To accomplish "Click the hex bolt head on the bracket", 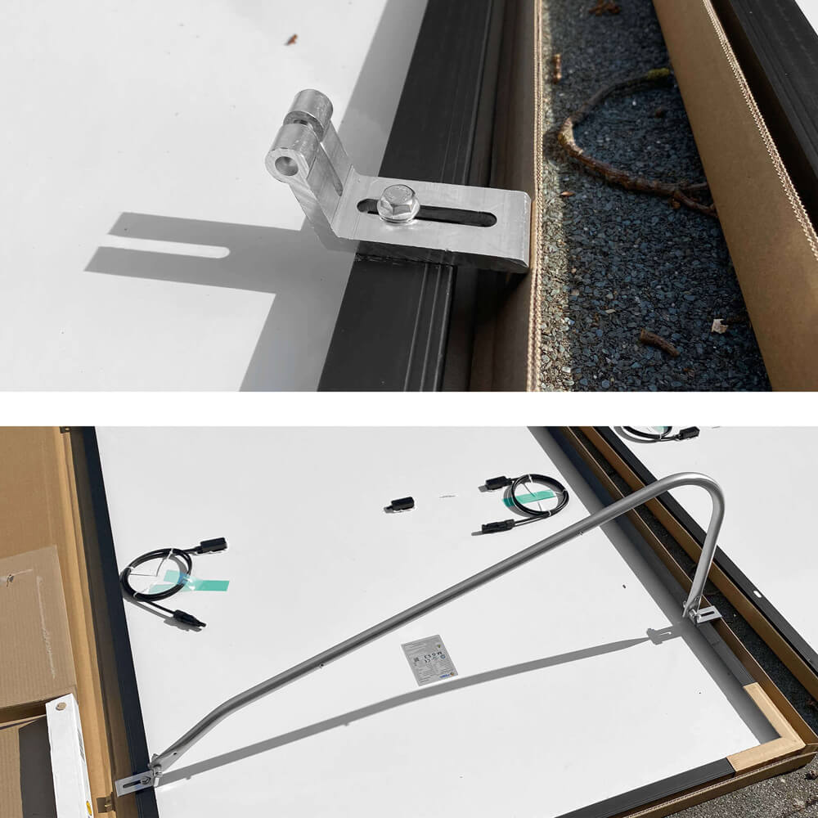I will (x=398, y=203).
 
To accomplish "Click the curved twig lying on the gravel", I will (x=622, y=147).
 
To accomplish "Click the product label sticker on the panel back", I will (x=429, y=659).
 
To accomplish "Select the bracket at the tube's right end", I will (x=702, y=612).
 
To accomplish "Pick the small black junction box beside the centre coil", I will (x=400, y=505).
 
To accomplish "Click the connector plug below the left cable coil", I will (x=187, y=619).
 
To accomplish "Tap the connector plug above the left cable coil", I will (x=211, y=545).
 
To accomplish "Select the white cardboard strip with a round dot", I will (x=70, y=753).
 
